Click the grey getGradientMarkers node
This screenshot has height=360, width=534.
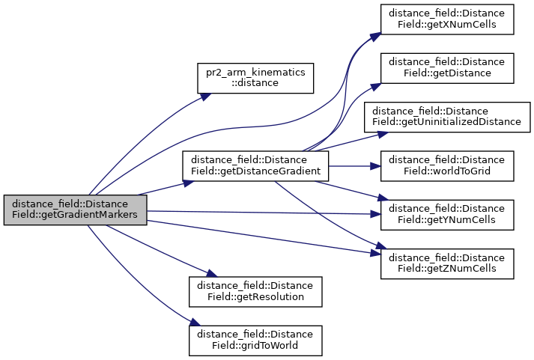point(75,210)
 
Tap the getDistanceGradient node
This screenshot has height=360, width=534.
point(256,165)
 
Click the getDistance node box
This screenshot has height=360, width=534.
point(447,68)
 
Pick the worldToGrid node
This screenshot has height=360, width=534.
point(447,165)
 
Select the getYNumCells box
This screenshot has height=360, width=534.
point(447,215)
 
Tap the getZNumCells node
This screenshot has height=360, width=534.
point(447,263)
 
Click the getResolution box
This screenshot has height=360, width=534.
point(255,291)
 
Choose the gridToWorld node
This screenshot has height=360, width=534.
point(255,340)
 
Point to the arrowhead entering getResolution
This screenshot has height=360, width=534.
point(203,275)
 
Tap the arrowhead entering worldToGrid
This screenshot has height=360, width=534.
point(377,165)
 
